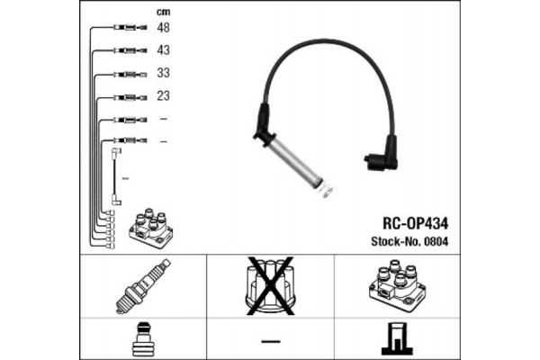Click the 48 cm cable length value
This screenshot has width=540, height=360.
pyautogui.click(x=163, y=27)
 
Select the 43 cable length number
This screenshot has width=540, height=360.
pyautogui.click(x=163, y=50)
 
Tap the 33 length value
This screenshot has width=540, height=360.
pyautogui.click(x=163, y=73)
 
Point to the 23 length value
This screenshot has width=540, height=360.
pyautogui.click(x=163, y=95)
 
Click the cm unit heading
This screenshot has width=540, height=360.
pyautogui.click(x=163, y=12)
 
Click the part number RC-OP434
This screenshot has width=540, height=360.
pyautogui.click(x=415, y=223)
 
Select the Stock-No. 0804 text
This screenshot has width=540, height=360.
pyautogui.click(x=409, y=241)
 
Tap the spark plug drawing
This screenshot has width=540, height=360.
pyautogui.click(x=143, y=286)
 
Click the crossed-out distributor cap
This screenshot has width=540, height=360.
pyautogui.click(x=270, y=285)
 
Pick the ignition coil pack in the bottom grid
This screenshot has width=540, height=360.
pyautogui.click(x=397, y=285)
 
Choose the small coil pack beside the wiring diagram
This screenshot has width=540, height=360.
pyautogui.click(x=150, y=228)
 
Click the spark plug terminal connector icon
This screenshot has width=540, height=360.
pyautogui.click(x=143, y=339)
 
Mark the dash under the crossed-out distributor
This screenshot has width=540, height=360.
pyautogui.click(x=271, y=341)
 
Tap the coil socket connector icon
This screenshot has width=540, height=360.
pyautogui.click(x=397, y=338)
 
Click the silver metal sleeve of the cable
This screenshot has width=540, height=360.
pyautogui.click(x=297, y=163)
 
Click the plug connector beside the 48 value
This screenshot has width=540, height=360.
pyautogui.click(x=130, y=27)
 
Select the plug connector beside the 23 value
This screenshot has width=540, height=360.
pyautogui.click(x=130, y=97)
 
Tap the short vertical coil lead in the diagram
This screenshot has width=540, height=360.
pyautogui.click(x=116, y=176)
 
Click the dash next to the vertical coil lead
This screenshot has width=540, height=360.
pyautogui.click(x=126, y=178)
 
